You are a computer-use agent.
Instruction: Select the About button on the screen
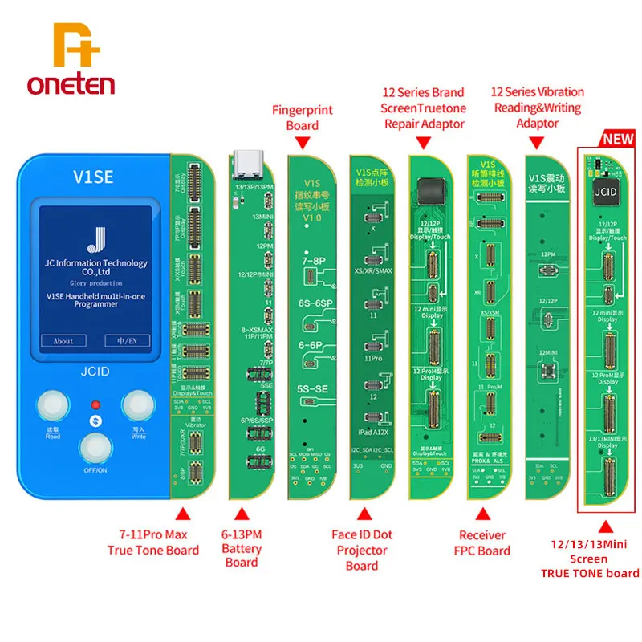point(63,340)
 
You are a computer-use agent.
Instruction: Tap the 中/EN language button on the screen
point(128,340)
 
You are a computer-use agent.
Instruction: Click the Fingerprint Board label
point(302,117)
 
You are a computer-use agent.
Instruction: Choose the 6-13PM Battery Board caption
point(242,549)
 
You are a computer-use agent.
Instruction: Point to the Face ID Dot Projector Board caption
point(361,550)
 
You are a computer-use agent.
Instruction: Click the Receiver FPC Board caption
point(483,542)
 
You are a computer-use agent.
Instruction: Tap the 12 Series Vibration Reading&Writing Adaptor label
point(538,108)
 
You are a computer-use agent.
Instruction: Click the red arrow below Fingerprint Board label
point(303,142)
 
